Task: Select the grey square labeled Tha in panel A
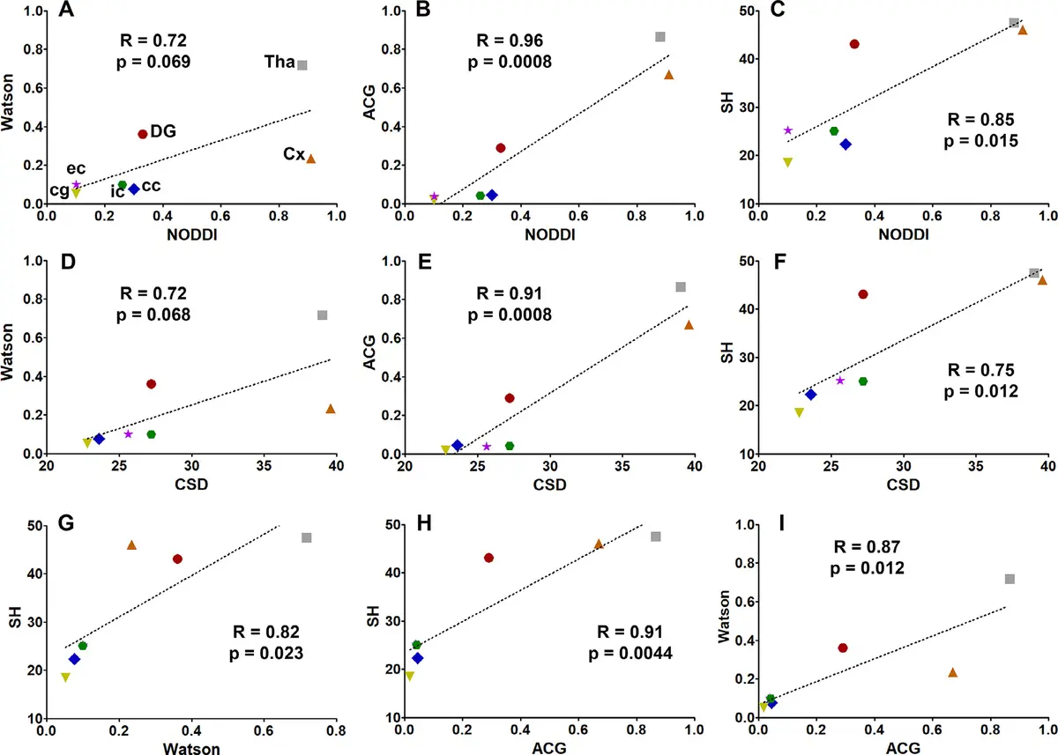point(302,65)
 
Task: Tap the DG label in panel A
point(163,131)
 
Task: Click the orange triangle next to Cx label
point(310,159)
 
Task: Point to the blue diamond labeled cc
point(134,189)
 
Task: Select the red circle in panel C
point(854,44)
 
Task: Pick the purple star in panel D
point(129,433)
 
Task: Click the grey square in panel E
point(681,287)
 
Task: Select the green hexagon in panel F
point(863,381)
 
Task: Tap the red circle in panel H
point(488,558)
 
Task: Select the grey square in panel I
point(1010,579)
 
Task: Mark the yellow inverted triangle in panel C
point(787,162)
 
